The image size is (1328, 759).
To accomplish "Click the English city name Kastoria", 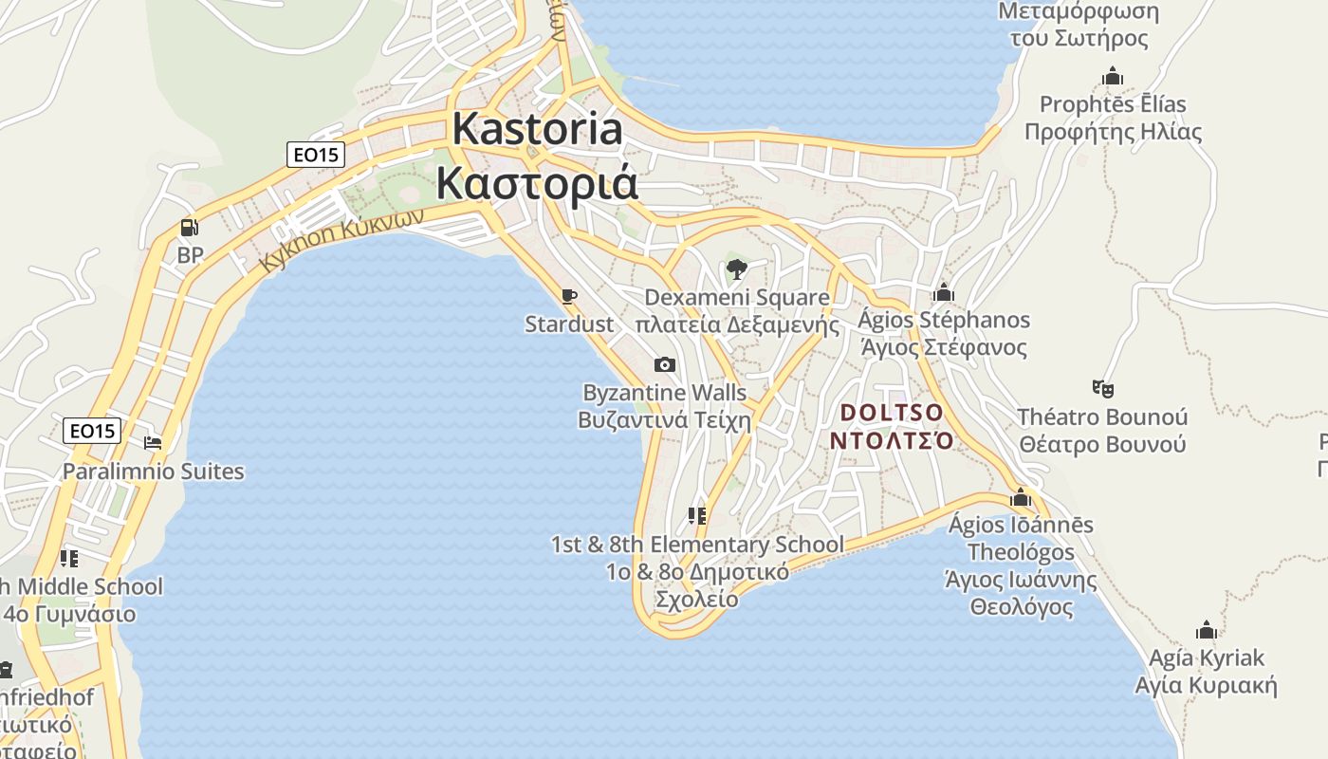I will [538, 128].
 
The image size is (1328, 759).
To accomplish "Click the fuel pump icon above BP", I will [190, 228].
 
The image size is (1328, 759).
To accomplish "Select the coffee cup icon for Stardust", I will [569, 297].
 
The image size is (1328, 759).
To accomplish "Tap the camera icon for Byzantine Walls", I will [665, 364].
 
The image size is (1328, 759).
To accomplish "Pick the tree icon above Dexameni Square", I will [736, 269].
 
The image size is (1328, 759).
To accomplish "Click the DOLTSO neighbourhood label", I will [893, 413].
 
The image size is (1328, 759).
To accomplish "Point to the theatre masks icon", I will [1102, 388].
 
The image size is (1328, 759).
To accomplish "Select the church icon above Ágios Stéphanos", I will [943, 292].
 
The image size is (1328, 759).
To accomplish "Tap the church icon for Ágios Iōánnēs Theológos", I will [1021, 497].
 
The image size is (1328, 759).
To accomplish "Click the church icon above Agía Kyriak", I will [1207, 630].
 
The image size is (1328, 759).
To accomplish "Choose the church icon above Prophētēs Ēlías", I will [1113, 76].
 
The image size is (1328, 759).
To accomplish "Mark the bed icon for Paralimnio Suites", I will [153, 442].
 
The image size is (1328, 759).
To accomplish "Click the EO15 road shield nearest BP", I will [316, 154].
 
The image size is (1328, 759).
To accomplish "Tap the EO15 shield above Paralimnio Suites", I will [92, 431].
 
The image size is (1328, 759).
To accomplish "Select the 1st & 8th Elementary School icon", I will [697, 516].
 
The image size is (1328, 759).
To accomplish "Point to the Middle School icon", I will [68, 558].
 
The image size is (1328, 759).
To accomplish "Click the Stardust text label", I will [569, 324].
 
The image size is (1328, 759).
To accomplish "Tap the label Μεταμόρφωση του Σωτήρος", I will [1079, 25].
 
